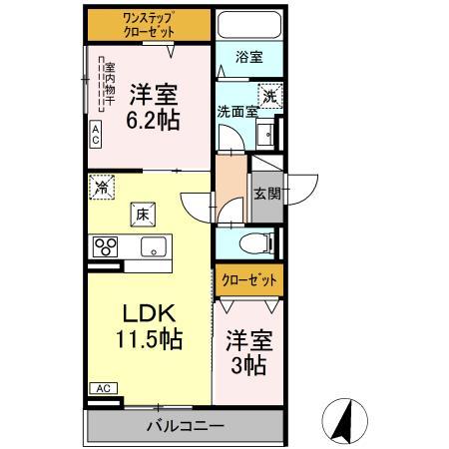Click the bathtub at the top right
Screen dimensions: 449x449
click(249, 25)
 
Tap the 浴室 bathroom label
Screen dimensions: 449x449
click(249, 57)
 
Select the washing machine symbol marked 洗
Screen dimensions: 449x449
click(270, 96)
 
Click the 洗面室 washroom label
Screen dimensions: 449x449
click(237, 112)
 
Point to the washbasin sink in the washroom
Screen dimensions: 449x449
click(266, 133)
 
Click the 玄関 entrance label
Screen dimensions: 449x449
click(267, 194)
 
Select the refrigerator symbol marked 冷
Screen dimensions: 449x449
click(102, 188)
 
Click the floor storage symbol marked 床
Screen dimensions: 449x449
click(143, 215)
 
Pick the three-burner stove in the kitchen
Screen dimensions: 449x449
click(105, 246)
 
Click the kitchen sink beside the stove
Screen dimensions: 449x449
click(154, 246)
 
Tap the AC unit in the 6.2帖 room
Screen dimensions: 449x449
click(96, 135)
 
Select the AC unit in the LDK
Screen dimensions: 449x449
click(104, 388)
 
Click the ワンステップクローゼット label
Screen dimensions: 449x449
click(149, 25)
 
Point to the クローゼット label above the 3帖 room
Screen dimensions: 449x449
click(249, 280)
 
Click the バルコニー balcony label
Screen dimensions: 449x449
click(186, 426)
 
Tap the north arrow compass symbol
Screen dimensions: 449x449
click(345, 421)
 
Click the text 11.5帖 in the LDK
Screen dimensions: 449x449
click(149, 339)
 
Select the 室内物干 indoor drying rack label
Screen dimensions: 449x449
click(110, 84)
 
